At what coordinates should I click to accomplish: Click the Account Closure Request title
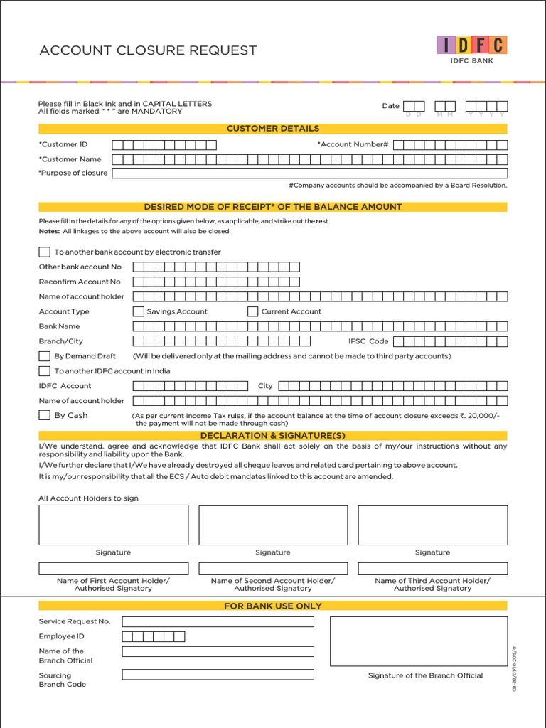click(x=148, y=50)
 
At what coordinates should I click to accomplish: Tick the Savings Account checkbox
click(x=139, y=311)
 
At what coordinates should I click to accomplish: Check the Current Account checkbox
click(x=252, y=311)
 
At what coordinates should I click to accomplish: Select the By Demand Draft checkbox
click(x=44, y=356)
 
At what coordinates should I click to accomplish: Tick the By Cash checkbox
click(x=44, y=415)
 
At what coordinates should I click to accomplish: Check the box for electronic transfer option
click(x=44, y=252)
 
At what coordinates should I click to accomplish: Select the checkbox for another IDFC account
click(x=44, y=371)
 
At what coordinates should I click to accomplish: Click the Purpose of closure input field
click(x=309, y=173)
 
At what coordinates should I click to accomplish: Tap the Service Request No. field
click(x=218, y=621)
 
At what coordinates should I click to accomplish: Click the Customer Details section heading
click(x=273, y=129)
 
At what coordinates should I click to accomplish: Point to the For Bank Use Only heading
click(x=273, y=606)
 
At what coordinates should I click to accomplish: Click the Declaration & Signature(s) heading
click(x=273, y=435)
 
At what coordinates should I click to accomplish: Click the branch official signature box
click(x=419, y=641)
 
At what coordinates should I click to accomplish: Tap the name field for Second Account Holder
click(x=273, y=569)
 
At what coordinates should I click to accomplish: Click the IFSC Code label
click(x=368, y=341)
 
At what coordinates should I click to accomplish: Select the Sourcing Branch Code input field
click(x=218, y=675)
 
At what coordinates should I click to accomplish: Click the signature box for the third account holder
click(x=432, y=525)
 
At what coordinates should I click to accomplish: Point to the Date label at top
click(x=390, y=106)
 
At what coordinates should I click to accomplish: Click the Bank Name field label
click(x=59, y=326)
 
